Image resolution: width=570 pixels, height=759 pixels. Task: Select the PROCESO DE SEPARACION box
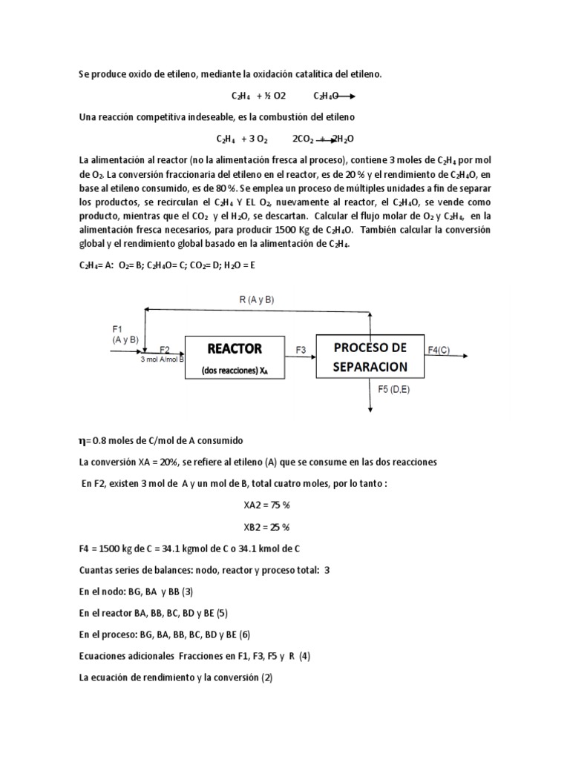coord(370,357)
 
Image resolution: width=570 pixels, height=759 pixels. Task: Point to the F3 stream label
coord(301,349)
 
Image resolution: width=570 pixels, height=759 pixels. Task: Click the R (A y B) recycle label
coord(257,299)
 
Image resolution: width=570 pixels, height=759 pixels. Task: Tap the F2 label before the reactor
coord(165,349)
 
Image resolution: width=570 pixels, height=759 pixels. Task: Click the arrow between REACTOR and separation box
coord(300,357)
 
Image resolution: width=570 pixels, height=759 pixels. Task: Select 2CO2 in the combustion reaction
coord(304,139)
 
